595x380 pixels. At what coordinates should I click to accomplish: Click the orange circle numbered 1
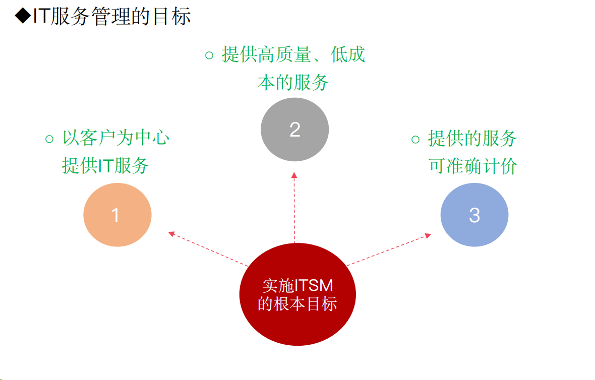coord(117,215)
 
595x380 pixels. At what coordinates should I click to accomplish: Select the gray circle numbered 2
coord(294,130)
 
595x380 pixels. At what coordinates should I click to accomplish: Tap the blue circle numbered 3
coord(474,215)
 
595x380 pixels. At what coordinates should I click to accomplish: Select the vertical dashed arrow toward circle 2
coord(294,207)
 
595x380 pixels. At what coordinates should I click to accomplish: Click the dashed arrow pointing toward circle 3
coord(388,249)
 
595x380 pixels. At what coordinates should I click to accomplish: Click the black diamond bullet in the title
coord(22,17)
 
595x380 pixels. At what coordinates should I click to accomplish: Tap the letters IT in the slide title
coord(41,17)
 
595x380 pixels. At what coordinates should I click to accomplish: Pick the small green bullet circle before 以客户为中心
coord(49,139)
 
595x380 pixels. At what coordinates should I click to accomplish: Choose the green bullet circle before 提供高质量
coord(209,55)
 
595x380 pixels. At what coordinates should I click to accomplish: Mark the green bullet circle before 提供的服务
coord(415,139)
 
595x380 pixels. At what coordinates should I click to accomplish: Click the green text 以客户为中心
coord(115,138)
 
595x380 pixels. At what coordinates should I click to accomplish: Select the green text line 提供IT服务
coord(105,165)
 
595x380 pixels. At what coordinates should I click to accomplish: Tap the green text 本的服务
coord(293,82)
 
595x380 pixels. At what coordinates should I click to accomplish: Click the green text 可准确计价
coord(473,166)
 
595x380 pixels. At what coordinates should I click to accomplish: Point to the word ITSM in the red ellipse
coord(315,286)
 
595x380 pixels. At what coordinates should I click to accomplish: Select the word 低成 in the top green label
coord(348,55)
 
